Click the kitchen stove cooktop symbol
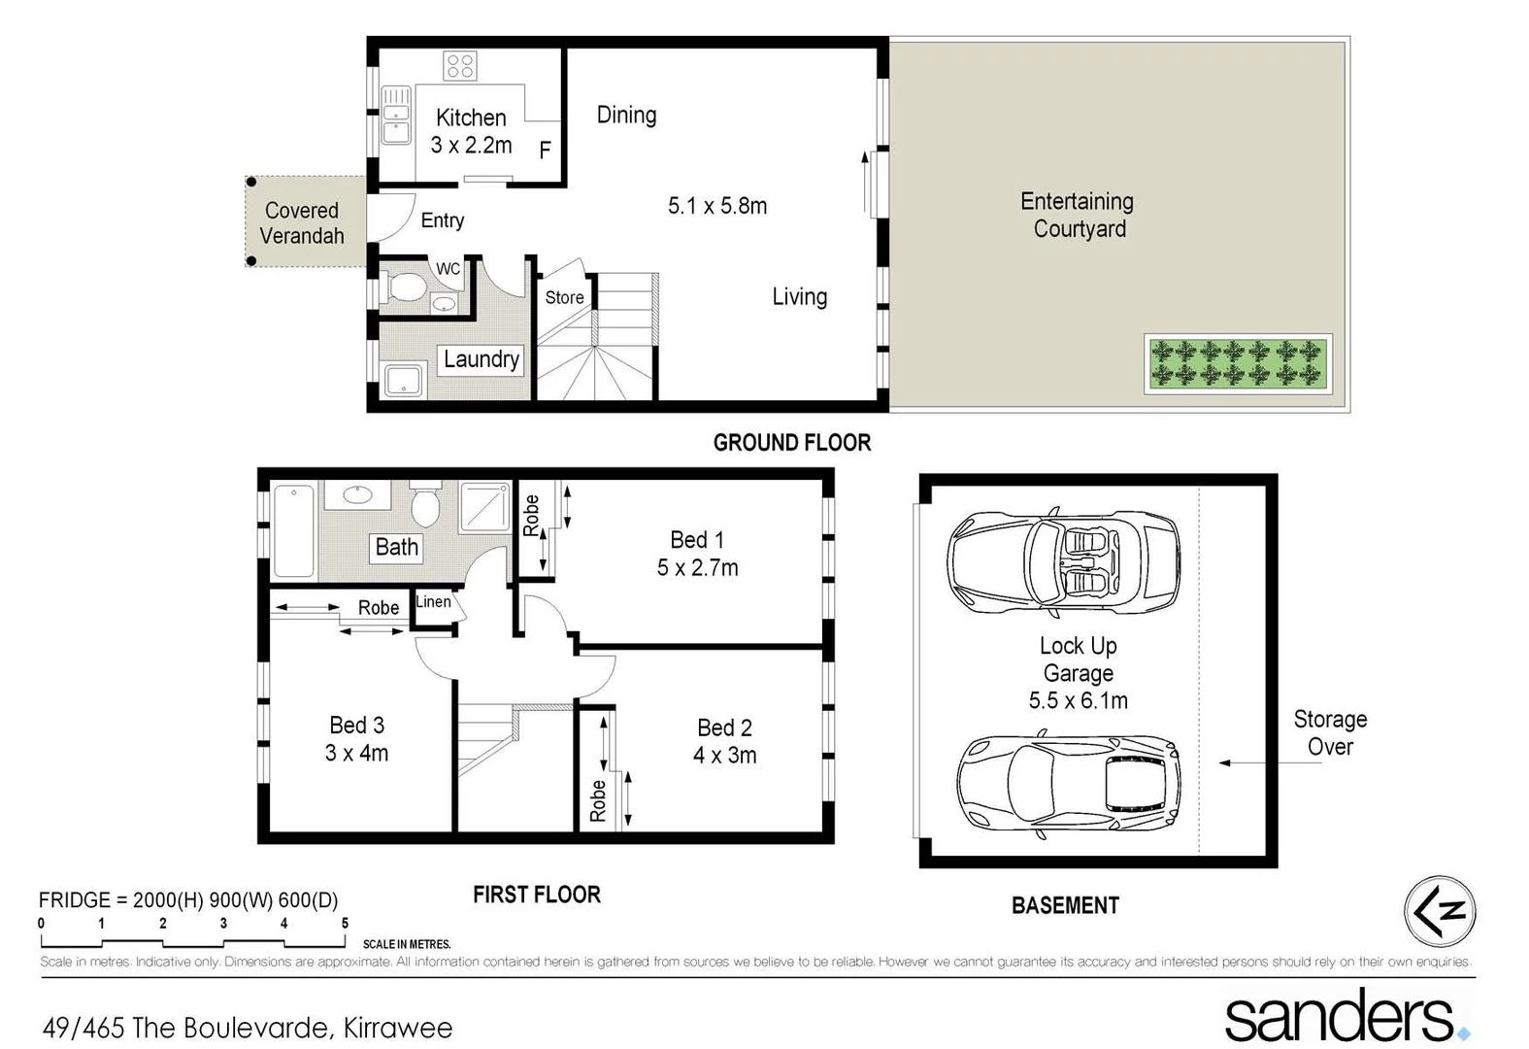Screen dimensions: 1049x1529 (460, 66)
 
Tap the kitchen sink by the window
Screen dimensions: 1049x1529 (396, 115)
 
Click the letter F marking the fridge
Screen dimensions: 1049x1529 (546, 150)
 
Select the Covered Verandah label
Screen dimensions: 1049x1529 (302, 223)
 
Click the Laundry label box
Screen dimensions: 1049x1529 (481, 359)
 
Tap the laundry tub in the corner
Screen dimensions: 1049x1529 (403, 380)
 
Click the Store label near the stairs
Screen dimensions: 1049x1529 (564, 297)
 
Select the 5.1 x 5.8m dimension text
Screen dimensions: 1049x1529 (717, 206)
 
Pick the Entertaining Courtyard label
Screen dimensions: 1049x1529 (1078, 215)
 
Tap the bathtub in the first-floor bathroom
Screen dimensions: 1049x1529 (294, 531)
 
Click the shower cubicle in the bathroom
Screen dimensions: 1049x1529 (484, 507)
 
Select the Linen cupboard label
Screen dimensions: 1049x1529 (433, 602)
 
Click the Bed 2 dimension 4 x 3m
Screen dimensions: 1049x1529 (724, 756)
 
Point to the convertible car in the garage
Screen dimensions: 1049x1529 (1064, 561)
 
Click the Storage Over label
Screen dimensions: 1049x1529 (1329, 732)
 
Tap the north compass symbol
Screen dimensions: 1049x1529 (1440, 911)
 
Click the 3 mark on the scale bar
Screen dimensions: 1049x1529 (223, 924)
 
